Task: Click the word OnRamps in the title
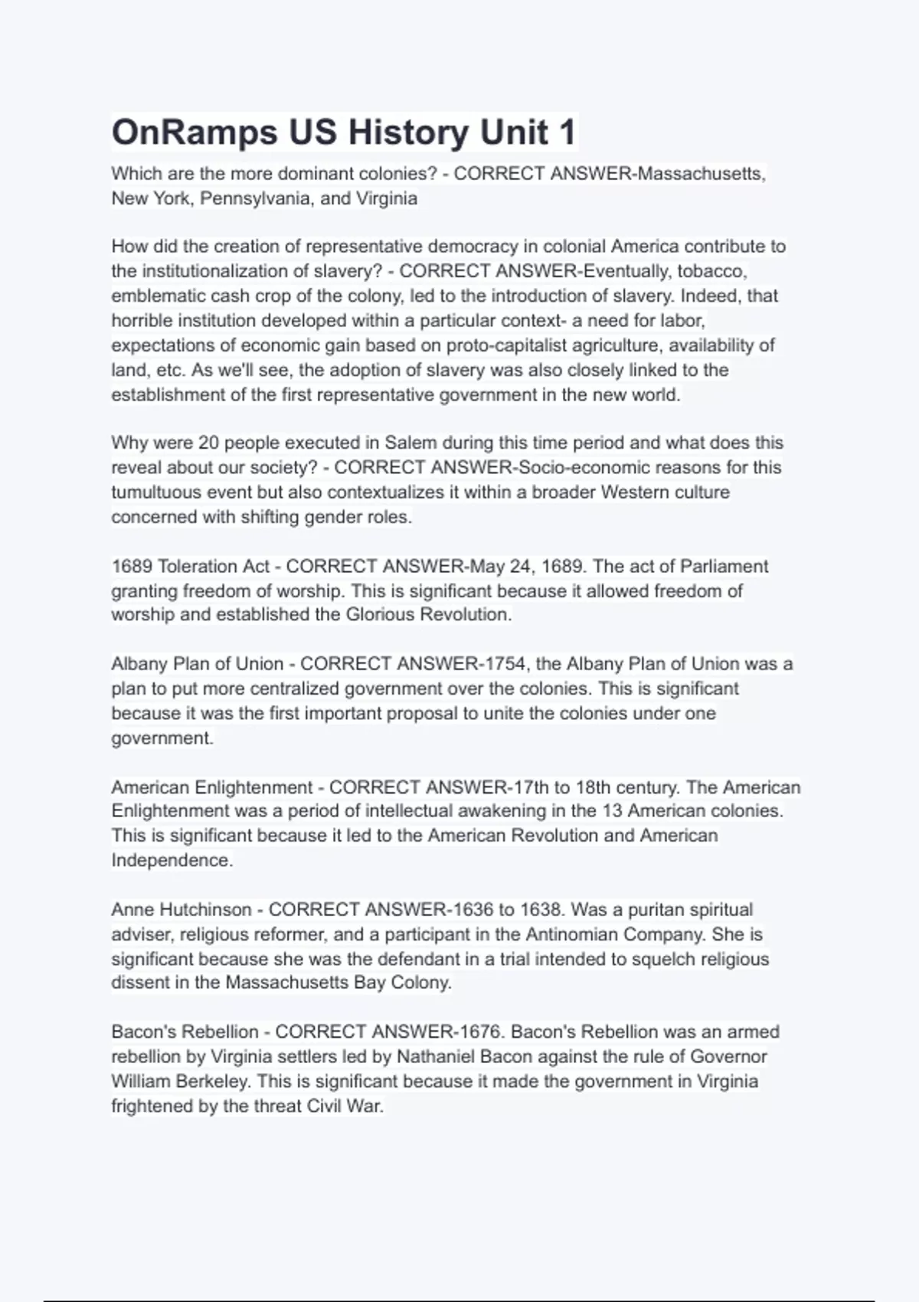pos(195,132)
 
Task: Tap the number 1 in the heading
pos(567,132)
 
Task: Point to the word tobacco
pos(711,271)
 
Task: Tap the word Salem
pos(410,443)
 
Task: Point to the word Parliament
pos(724,566)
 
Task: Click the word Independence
pos(171,860)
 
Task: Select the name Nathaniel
pos(435,1057)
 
